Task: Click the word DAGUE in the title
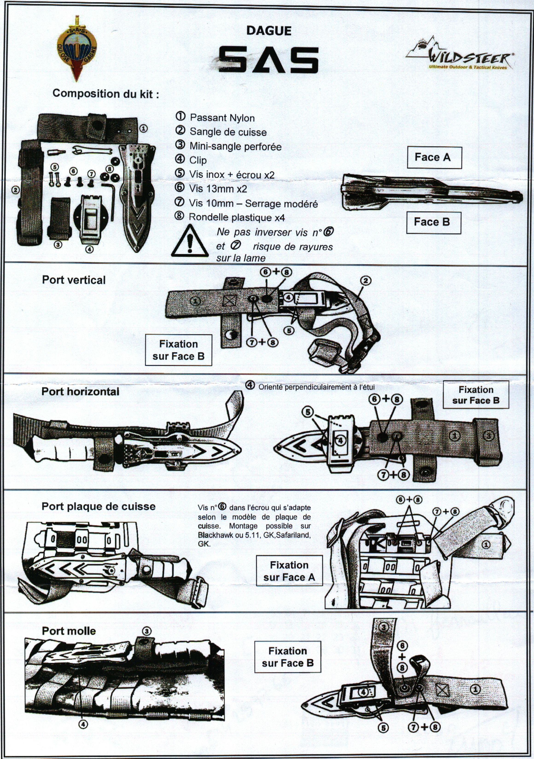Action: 269,31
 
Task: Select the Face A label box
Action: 434,157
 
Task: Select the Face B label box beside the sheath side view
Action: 433,222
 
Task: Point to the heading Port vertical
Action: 73,280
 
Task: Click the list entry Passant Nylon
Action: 222,118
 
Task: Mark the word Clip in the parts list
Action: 198,160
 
